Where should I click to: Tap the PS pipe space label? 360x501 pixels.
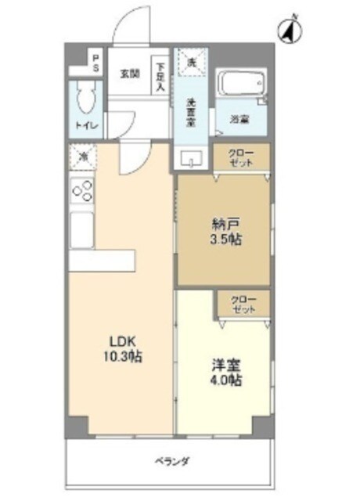click(95, 63)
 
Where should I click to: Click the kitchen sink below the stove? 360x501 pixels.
click(82, 230)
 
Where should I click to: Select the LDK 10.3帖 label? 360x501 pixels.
click(124, 349)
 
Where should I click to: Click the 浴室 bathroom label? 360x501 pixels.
click(239, 120)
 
